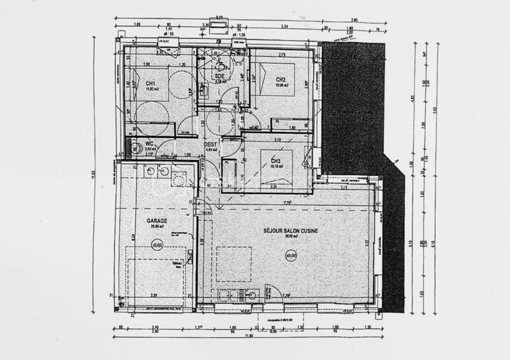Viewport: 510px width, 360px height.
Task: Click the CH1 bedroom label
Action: pyautogui.click(x=151, y=83)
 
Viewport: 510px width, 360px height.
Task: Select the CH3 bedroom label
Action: pyautogui.click(x=276, y=161)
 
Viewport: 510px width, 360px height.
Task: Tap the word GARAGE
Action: pyautogui.click(x=155, y=220)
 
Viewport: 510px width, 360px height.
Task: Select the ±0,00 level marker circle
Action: pyautogui.click(x=291, y=256)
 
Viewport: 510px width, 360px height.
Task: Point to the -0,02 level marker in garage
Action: pyautogui.click(x=156, y=243)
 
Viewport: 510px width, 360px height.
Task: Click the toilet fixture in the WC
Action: pyautogui.click(x=135, y=148)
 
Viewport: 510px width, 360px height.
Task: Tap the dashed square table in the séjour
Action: pyautogui.click(x=233, y=264)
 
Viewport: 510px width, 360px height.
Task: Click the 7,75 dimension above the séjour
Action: pyautogui.click(x=288, y=203)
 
